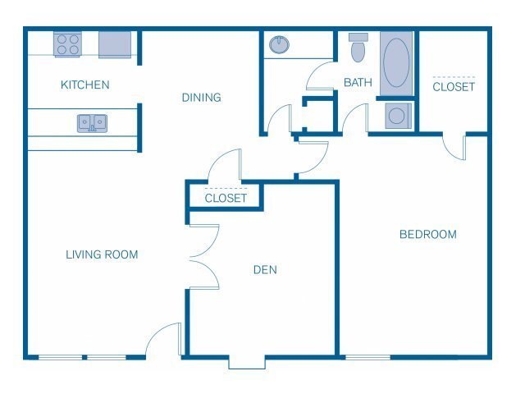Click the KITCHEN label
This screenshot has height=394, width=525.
pyautogui.click(x=84, y=85)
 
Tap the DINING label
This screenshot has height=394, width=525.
pyautogui.click(x=201, y=98)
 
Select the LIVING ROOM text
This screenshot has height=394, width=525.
pyautogui.click(x=102, y=254)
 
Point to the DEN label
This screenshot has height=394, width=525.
pyautogui.click(x=264, y=269)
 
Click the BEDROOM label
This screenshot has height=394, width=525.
pyautogui.click(x=427, y=235)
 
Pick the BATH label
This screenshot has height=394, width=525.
pyautogui.click(x=358, y=82)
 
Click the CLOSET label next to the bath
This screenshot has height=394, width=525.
pyautogui.click(x=454, y=86)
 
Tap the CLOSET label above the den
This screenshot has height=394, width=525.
pyautogui.click(x=226, y=198)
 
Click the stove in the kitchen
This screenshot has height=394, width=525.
pyautogui.click(x=66, y=44)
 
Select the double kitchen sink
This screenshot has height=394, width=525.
pyautogui.click(x=92, y=123)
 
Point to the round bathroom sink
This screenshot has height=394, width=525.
pyautogui.click(x=280, y=44)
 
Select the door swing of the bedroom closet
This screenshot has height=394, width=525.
pyautogui.click(x=454, y=145)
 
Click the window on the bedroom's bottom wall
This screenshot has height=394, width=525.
pyautogui.click(x=367, y=357)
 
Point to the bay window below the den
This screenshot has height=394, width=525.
pyautogui.click(x=247, y=361)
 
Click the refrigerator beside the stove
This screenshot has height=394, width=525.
pyautogui.click(x=116, y=45)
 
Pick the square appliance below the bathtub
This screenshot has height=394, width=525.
pyautogui.click(x=396, y=116)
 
